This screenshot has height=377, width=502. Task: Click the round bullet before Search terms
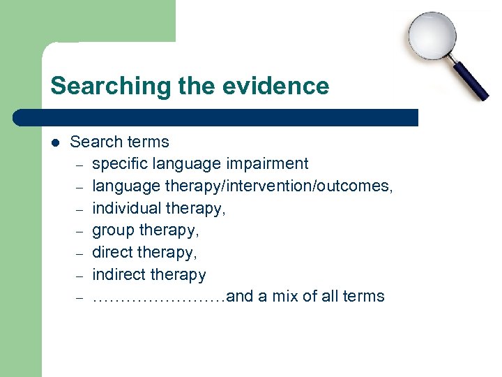(x=56, y=142)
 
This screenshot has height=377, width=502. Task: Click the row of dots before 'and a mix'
(x=159, y=297)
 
